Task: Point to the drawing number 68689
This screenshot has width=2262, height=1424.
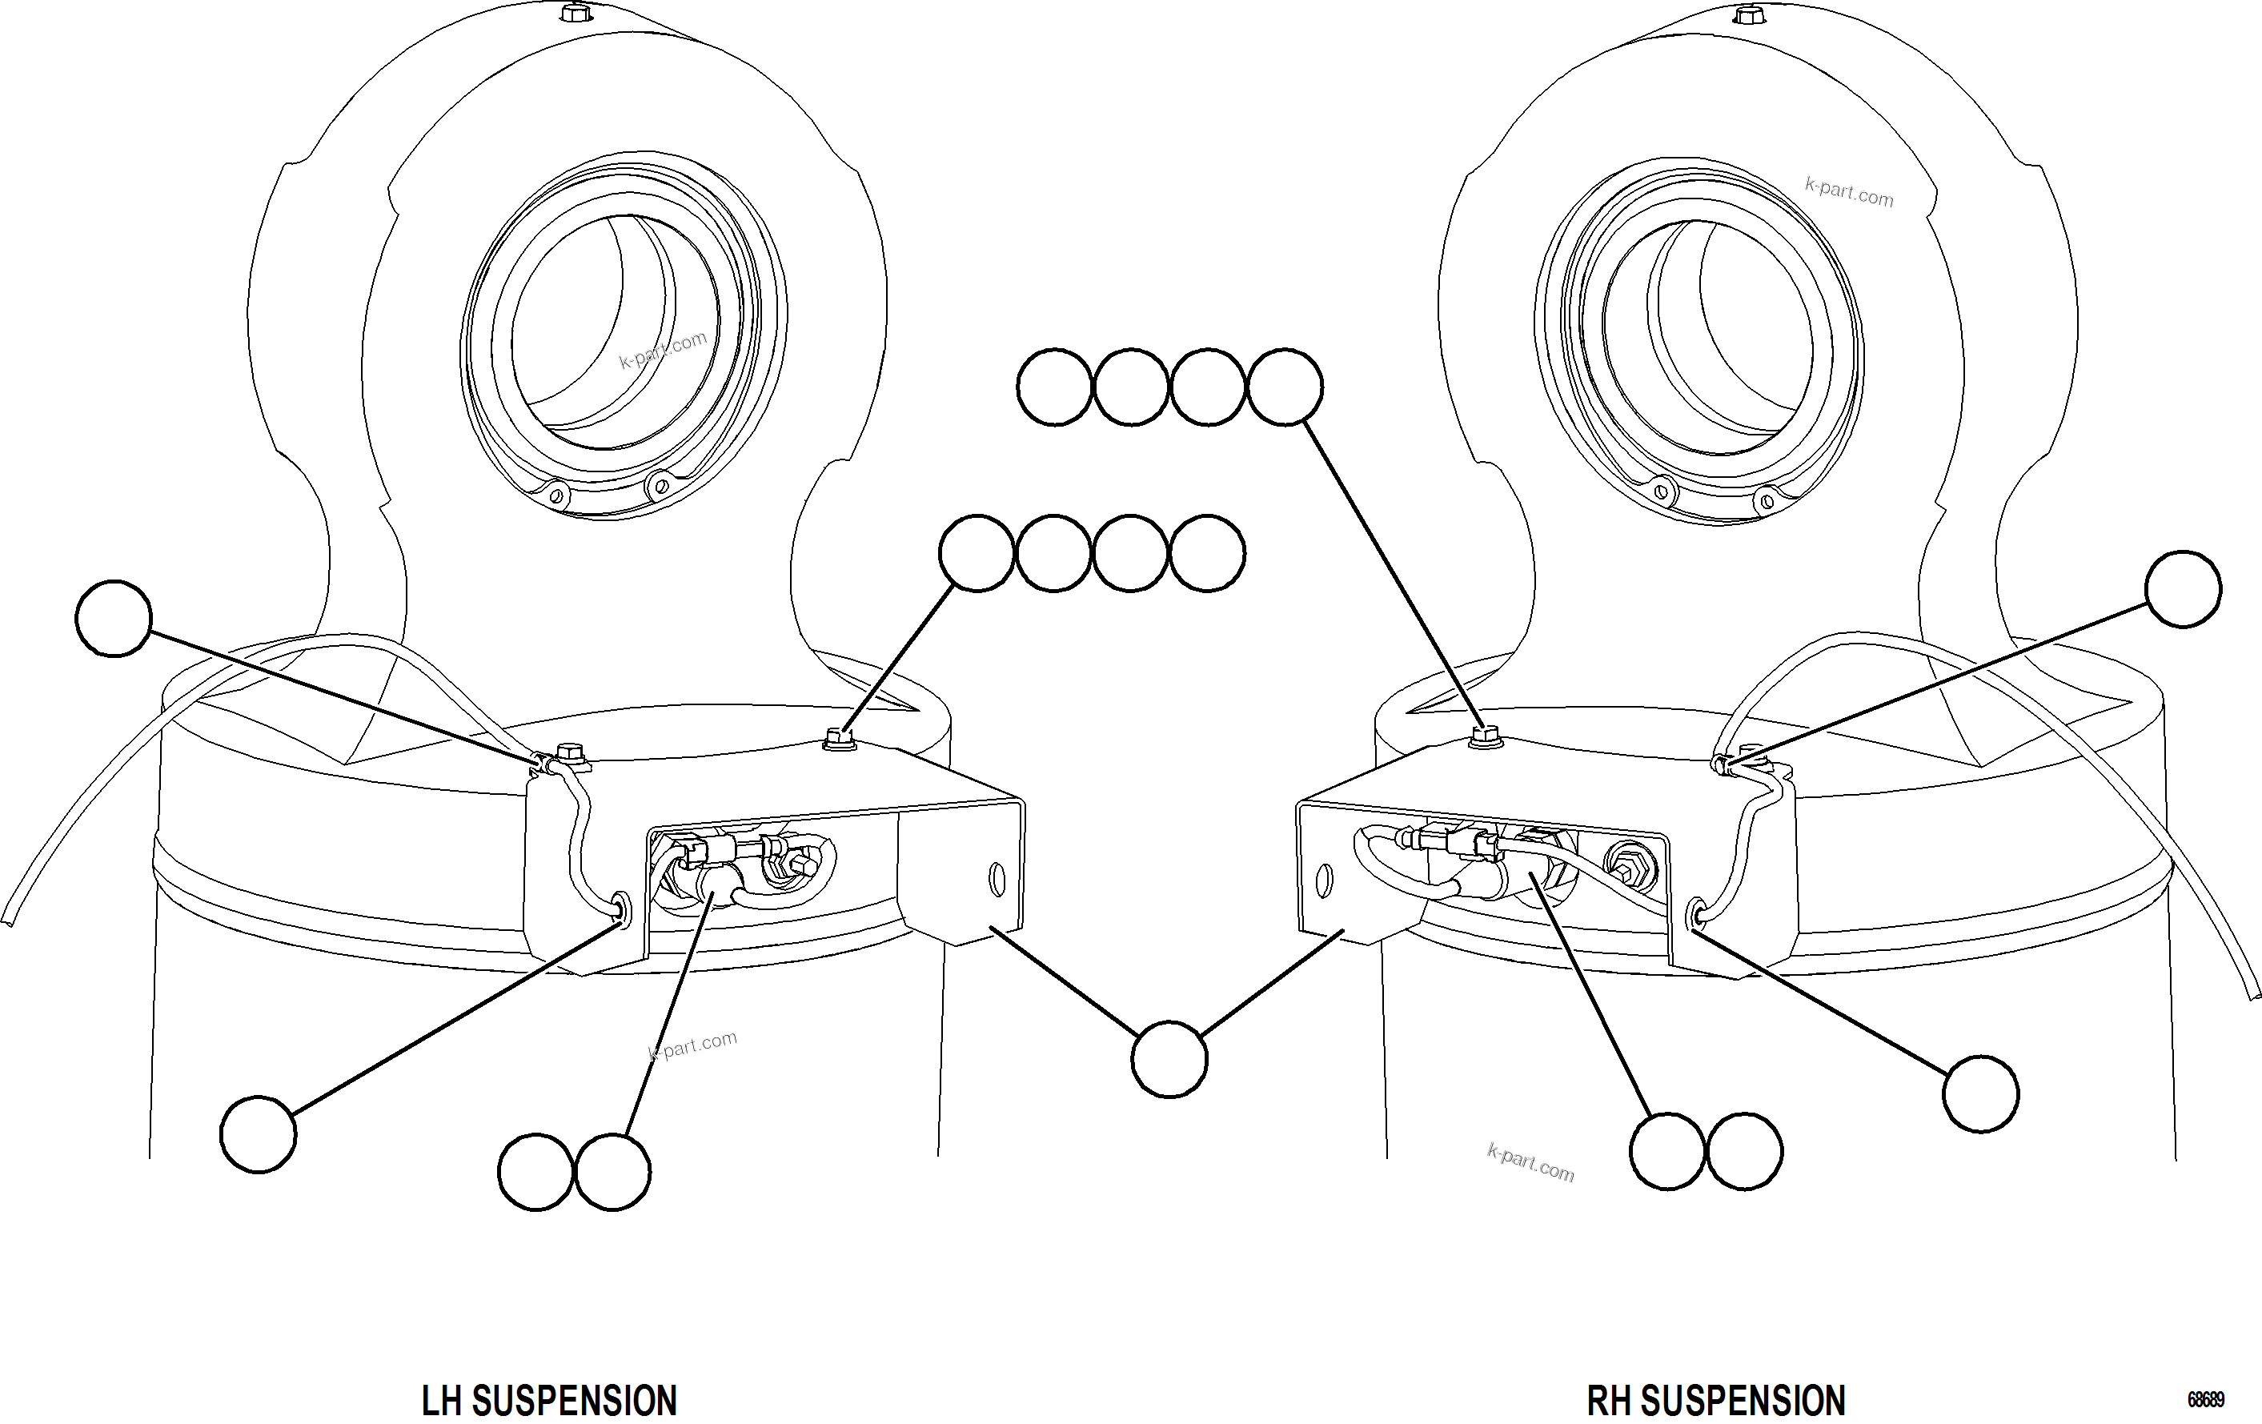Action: pos(2206,1401)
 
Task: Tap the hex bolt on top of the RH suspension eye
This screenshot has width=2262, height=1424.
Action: pos(1747,14)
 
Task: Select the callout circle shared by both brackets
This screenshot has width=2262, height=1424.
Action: pos(1169,1060)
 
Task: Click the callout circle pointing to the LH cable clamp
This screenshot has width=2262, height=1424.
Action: pos(114,618)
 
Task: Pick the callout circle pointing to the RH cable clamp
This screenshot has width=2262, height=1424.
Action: pos(2183,589)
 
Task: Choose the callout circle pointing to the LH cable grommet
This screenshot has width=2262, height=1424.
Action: pos(258,1135)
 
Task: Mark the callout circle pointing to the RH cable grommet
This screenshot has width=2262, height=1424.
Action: pos(1980,1094)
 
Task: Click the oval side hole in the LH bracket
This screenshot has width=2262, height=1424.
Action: pos(997,880)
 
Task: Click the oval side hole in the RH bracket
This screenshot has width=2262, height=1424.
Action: pos(1325,880)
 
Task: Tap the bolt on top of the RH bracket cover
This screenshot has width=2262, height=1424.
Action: pos(1483,736)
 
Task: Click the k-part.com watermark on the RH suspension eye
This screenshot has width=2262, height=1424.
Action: pos(1849,191)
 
